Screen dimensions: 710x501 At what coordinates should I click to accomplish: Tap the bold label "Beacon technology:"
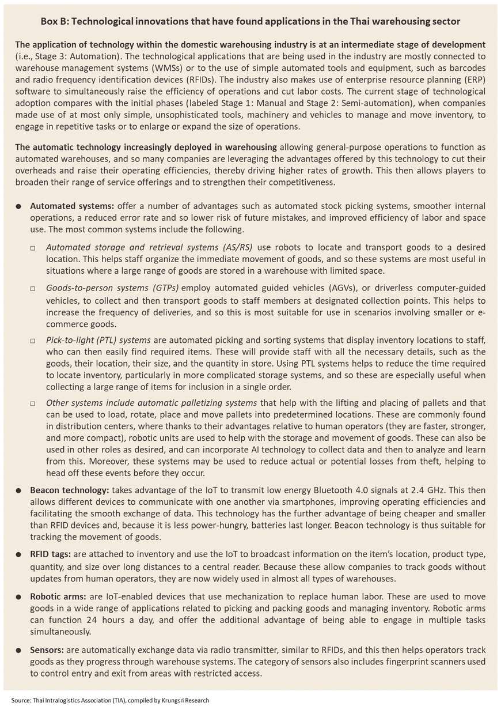click(x=69, y=490)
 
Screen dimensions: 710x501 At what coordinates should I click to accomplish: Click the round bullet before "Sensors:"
click(x=20, y=651)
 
